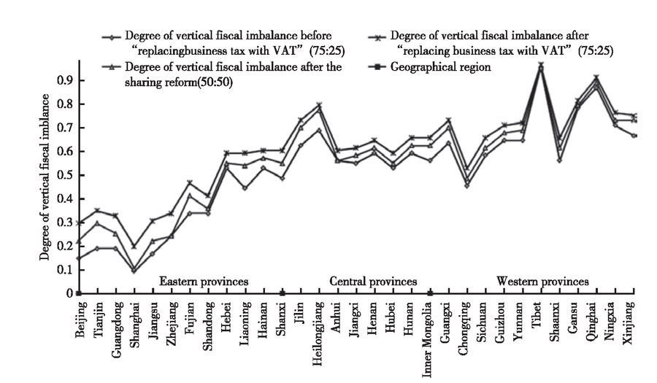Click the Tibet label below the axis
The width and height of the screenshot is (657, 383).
point(539,311)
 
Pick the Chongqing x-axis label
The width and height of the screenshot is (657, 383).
point(465,322)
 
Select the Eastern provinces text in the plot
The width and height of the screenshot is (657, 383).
point(204,281)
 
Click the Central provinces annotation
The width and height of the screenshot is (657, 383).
point(373,281)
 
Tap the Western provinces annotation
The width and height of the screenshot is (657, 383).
point(542,281)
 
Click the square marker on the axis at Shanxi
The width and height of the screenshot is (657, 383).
point(282,293)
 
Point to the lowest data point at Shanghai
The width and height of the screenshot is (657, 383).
point(134,271)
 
